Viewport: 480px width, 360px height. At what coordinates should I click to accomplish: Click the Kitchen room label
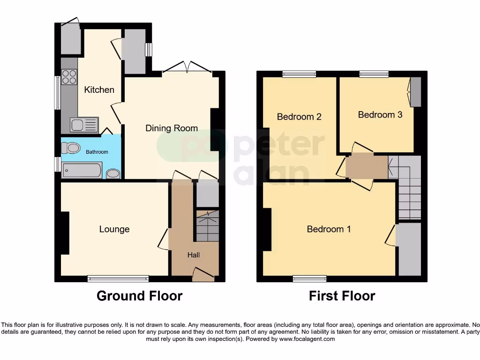tap(99, 90)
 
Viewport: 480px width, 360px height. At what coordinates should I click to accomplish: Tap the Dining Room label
tap(172, 128)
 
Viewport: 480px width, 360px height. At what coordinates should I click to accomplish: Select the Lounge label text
tap(114, 229)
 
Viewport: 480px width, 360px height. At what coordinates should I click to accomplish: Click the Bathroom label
tap(97, 152)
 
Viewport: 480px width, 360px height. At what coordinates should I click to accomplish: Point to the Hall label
tap(194, 255)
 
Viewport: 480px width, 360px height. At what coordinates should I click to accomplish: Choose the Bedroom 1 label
tap(329, 229)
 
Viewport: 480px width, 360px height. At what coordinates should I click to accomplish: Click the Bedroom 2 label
tap(299, 117)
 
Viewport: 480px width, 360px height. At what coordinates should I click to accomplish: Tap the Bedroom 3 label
tap(380, 115)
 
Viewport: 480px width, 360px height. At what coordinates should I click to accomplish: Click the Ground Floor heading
tap(139, 296)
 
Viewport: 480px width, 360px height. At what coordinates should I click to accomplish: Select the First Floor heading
tap(342, 296)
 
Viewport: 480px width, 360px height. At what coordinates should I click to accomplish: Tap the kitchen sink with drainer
tap(84, 125)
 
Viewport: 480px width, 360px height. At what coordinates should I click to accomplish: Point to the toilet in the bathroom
tap(71, 149)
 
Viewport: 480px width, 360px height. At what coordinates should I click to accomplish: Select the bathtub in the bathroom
tap(82, 171)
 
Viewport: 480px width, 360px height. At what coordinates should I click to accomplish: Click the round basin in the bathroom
tap(113, 174)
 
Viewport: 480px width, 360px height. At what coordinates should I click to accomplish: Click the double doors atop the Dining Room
tap(187, 69)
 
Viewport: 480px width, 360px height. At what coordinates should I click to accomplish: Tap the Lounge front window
tap(118, 279)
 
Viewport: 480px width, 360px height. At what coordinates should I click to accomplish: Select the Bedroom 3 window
tap(374, 74)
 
